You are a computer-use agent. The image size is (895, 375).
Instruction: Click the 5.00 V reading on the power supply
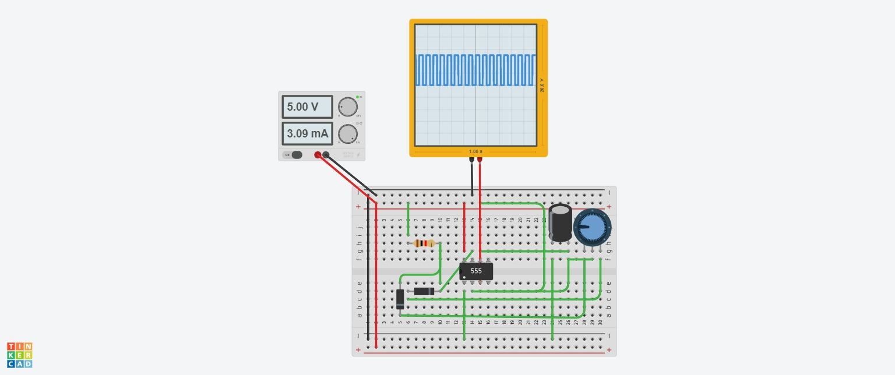point(307,107)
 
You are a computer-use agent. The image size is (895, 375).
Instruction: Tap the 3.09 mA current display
point(307,133)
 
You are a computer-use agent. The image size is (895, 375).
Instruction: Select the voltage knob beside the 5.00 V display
point(348,107)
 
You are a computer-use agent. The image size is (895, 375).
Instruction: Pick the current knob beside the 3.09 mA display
point(348,133)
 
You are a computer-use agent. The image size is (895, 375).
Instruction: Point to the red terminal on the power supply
point(318,155)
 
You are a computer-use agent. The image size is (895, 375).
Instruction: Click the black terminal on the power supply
point(326,155)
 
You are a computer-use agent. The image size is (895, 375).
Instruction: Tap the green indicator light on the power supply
point(357,97)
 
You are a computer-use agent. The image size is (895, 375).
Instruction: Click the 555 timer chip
point(476,271)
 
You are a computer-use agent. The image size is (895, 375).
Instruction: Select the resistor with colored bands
point(424,243)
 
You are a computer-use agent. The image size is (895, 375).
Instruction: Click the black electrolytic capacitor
point(561,222)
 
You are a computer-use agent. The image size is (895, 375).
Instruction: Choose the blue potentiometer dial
point(592,228)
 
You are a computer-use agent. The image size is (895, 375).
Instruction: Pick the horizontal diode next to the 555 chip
point(424,291)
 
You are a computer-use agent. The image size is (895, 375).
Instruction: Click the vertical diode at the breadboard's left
point(400,299)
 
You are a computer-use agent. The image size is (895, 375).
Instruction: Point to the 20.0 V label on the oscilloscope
point(542,85)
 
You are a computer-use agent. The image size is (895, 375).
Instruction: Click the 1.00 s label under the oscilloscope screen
point(475,151)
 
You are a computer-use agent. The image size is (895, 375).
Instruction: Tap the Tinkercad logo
point(20,355)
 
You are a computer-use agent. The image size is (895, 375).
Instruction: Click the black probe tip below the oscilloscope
point(471,159)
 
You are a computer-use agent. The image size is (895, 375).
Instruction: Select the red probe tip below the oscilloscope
point(480,159)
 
